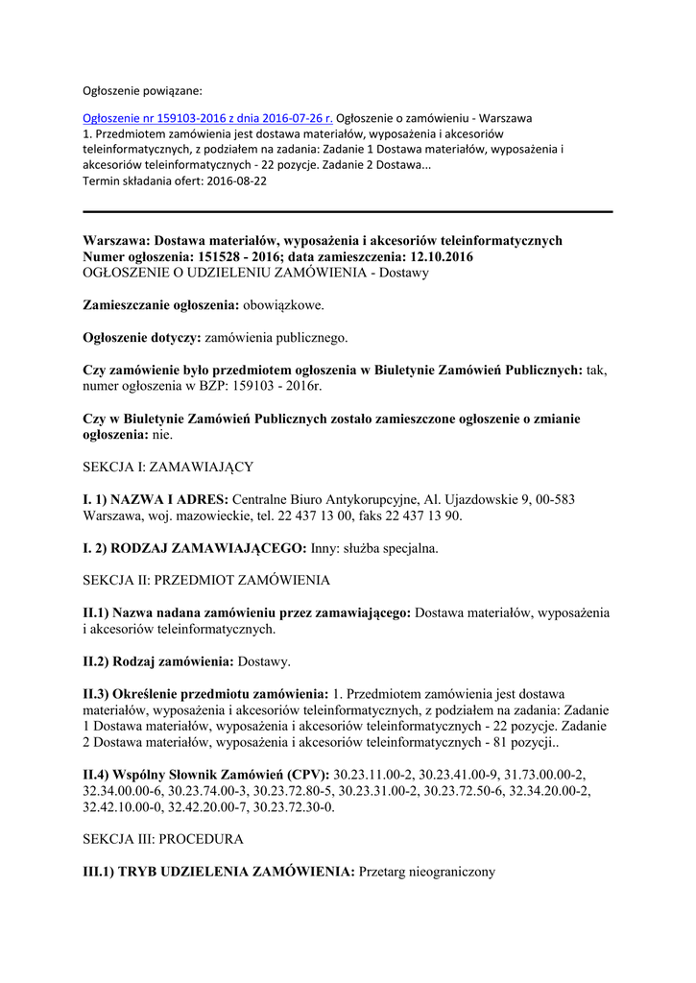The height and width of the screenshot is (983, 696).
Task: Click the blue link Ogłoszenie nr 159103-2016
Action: pyautogui.click(x=207, y=118)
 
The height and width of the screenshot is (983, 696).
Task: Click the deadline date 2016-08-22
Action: pyautogui.click(x=236, y=180)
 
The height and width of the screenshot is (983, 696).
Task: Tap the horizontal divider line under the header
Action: pyautogui.click(x=348, y=211)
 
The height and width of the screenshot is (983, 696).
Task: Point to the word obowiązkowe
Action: pyautogui.click(x=283, y=305)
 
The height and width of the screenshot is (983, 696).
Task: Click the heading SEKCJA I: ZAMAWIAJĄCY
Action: pyautogui.click(x=168, y=467)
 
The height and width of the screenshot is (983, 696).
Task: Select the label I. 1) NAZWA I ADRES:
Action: pyautogui.click(x=156, y=500)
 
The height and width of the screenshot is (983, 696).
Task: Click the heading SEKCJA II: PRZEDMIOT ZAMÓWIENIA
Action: pyautogui.click(x=206, y=581)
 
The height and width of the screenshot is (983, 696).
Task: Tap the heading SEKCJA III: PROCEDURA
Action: pyautogui.click(x=163, y=839)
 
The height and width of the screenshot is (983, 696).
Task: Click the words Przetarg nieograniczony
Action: pyautogui.click(x=426, y=872)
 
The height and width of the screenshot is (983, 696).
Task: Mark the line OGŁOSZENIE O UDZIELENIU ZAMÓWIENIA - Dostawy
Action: pyautogui.click(x=255, y=273)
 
